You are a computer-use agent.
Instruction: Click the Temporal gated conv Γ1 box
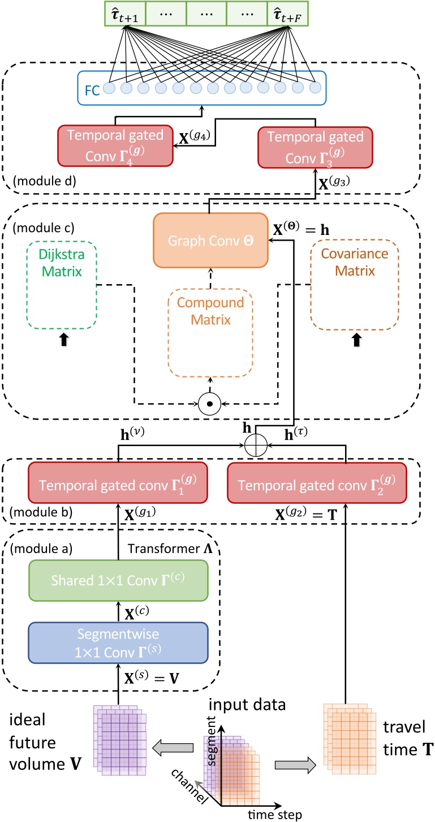pos(118,483)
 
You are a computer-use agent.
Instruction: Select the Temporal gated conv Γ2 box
pos(317,483)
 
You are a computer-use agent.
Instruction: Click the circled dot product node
pos(209,404)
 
